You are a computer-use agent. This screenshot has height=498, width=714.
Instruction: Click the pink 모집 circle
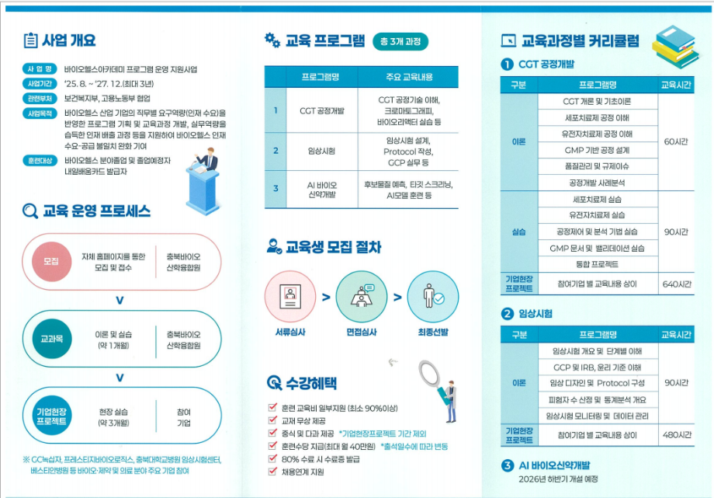51,261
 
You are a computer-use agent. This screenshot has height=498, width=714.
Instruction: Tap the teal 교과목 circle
51,339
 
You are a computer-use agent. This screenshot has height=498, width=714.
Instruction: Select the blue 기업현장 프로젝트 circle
51,416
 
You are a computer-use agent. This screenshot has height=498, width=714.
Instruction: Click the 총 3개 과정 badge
400,41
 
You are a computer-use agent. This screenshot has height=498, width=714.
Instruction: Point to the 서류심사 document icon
290,297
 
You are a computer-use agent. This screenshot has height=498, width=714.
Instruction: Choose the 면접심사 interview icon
362,297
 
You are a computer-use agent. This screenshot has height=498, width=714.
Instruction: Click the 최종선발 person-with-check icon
432,297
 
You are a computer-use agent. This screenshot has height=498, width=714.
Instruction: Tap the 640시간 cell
676,284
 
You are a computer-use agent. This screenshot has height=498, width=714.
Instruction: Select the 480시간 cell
676,435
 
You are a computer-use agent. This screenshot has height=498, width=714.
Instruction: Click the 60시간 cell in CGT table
676,142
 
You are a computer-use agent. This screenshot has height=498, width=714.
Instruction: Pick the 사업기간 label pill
40,84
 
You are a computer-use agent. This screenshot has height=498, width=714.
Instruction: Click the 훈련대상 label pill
40,161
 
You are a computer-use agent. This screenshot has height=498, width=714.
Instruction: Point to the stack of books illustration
676,46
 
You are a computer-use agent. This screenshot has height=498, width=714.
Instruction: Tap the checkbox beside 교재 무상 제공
272,420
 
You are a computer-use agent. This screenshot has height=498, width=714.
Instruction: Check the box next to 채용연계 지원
272,471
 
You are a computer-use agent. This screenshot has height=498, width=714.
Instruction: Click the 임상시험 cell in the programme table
321,151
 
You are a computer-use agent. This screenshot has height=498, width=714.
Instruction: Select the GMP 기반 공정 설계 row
598,150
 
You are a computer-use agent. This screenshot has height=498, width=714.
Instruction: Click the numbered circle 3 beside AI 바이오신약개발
507,465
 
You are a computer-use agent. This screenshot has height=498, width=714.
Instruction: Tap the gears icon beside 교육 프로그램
272,40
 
